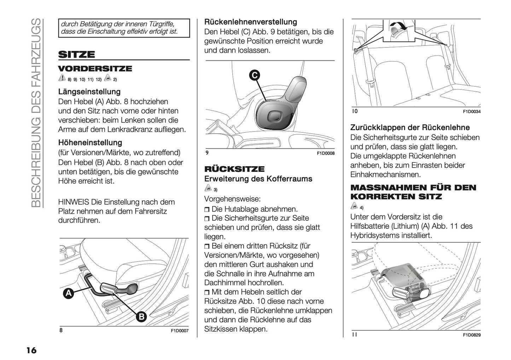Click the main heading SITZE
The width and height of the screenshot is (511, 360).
[76, 54]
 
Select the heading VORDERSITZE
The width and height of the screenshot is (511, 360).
[95, 69]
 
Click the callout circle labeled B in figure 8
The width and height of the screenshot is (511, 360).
[141, 317]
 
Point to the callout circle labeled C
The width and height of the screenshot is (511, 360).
[254, 75]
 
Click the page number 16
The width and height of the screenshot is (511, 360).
[31, 350]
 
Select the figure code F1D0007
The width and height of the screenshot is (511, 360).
[180, 331]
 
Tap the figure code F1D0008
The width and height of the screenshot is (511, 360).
[325, 153]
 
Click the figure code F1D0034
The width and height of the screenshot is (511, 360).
[471, 112]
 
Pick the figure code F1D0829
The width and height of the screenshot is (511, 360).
[471, 335]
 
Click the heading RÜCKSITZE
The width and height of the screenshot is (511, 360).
[234, 169]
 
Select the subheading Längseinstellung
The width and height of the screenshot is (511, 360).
[89, 92]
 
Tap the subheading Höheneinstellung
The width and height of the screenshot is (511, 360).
[90, 143]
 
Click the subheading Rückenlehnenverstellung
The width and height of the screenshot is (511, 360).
[250, 22]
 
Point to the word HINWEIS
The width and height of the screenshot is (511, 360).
[74, 202]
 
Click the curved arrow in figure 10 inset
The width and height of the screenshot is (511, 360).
[398, 27]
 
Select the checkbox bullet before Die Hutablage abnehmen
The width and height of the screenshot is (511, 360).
[207, 210]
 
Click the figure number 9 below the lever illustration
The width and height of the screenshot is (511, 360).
[207, 153]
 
